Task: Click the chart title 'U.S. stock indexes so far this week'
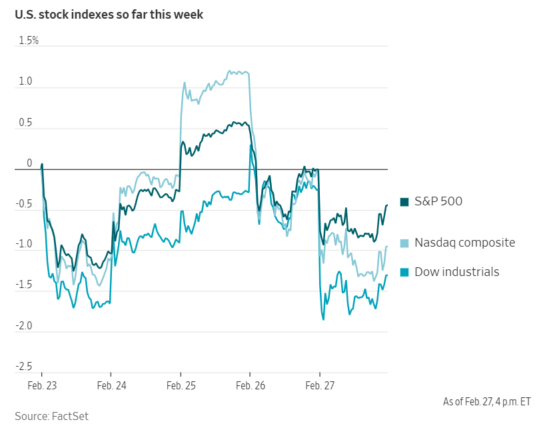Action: click(109, 14)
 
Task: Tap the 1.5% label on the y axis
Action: click(29, 41)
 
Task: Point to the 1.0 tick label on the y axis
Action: click(25, 81)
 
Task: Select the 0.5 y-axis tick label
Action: click(25, 123)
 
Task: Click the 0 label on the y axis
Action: click(29, 163)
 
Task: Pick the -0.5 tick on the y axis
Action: click(24, 204)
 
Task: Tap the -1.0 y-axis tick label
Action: click(24, 245)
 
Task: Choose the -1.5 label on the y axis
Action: click(24, 286)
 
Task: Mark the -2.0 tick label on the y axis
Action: click(24, 327)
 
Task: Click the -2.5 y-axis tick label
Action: click(24, 367)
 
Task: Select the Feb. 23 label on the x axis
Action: click(42, 386)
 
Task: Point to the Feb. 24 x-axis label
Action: click(111, 386)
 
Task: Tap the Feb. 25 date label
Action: click(181, 386)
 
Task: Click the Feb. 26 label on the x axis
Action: click(250, 386)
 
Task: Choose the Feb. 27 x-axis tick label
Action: click(320, 386)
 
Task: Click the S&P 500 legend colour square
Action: click(404, 202)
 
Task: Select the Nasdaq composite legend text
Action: click(464, 243)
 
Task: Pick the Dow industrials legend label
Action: click(456, 272)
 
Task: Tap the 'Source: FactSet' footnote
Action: click(51, 416)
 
